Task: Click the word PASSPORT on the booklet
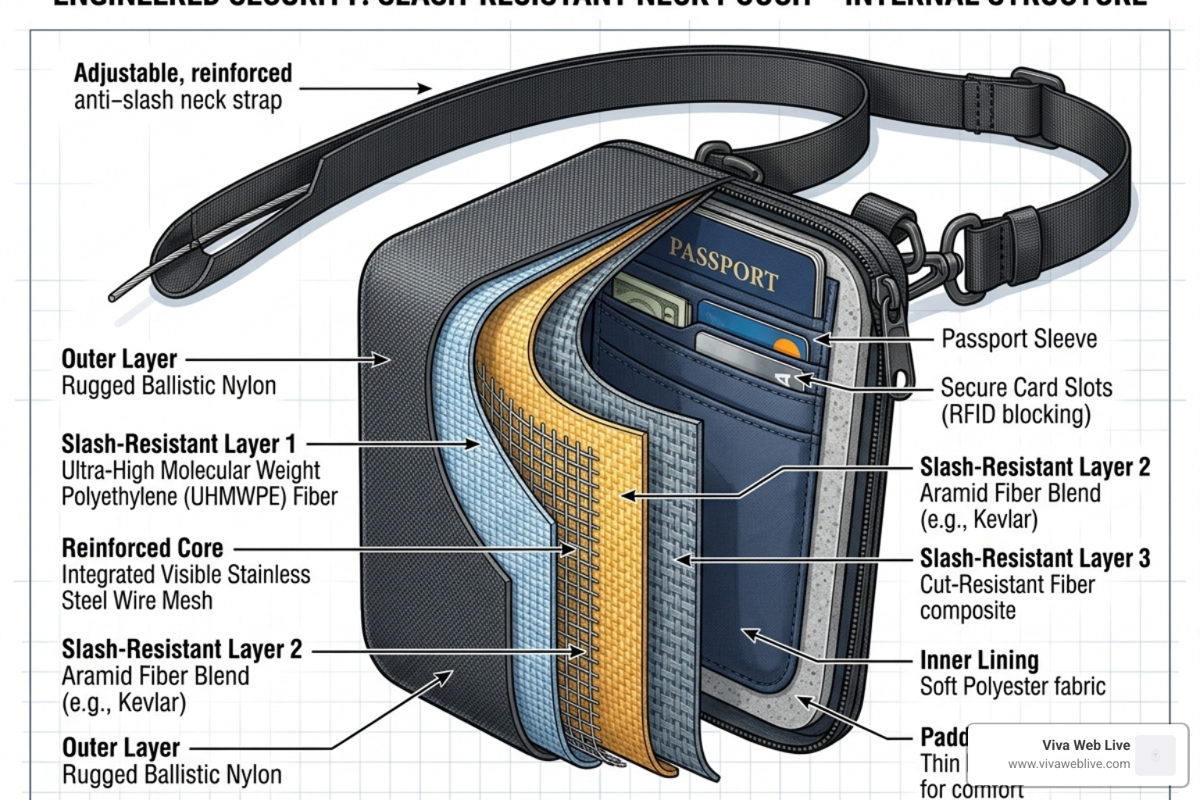point(723,263)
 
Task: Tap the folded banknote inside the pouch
point(652,302)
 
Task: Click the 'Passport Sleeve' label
point(1019,339)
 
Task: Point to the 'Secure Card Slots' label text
point(1026,387)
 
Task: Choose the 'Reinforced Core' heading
point(142,548)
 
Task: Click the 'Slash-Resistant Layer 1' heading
point(178,444)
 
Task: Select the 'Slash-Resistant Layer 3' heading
point(1034,558)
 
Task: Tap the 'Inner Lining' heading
point(979,660)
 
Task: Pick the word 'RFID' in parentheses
point(977,415)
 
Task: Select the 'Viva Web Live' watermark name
point(1085,745)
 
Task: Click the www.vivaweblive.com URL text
point(1068,764)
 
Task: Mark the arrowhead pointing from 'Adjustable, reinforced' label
point(425,87)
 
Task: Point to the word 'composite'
point(967,611)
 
